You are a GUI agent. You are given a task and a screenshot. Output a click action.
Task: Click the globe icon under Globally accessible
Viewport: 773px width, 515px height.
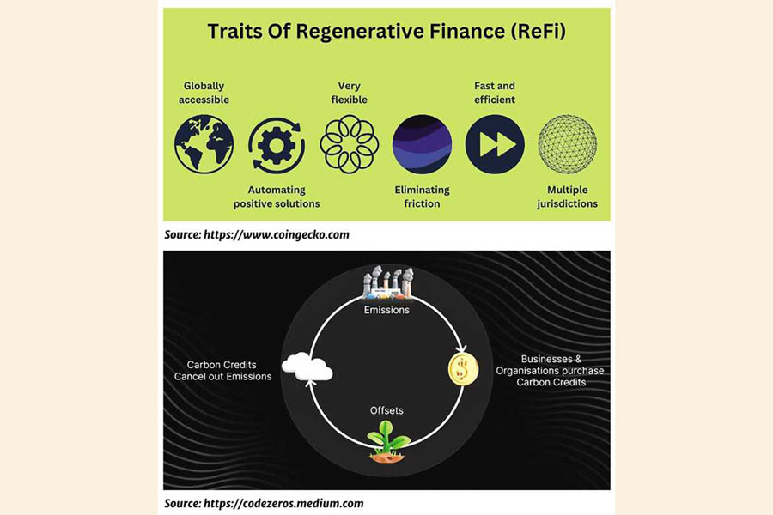click(x=204, y=144)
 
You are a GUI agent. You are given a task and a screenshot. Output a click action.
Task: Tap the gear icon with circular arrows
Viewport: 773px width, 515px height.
click(x=277, y=144)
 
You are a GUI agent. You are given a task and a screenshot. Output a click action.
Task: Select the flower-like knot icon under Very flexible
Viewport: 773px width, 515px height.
click(x=349, y=144)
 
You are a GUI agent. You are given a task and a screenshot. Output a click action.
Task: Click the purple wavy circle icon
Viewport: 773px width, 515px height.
click(x=422, y=144)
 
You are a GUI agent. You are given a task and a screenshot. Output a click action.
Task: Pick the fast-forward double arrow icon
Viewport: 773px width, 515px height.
click(x=495, y=144)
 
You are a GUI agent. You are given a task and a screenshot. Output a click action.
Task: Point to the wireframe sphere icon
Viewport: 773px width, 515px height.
click(x=567, y=144)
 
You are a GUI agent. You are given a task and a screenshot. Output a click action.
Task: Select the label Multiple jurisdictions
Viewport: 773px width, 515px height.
click(x=572, y=197)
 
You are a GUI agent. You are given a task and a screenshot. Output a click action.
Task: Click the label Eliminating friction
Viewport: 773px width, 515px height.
click(x=422, y=197)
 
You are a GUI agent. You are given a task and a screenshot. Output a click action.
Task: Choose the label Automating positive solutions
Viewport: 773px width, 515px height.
click(x=277, y=197)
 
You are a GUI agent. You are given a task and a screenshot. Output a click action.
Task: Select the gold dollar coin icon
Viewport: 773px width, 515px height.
click(x=463, y=369)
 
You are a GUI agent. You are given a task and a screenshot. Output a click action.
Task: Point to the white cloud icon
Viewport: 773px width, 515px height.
click(x=307, y=368)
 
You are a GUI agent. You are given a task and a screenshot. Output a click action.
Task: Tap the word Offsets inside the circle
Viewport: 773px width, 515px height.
click(x=386, y=410)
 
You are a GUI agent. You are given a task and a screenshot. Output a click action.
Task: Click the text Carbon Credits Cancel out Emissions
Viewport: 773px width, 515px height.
click(x=222, y=370)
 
